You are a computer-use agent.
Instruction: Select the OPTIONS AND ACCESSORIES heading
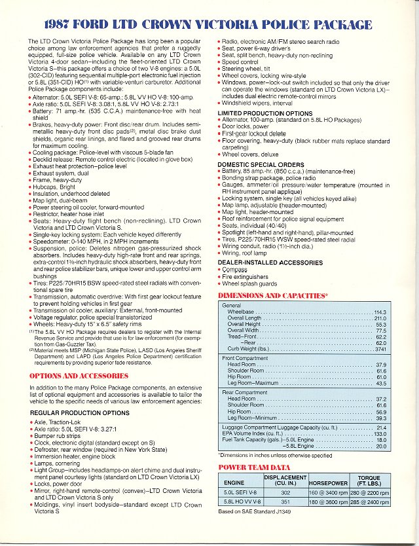point(79,376)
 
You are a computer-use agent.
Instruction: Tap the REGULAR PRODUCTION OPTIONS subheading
point(79,412)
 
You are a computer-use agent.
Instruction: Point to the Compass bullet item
point(237,269)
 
